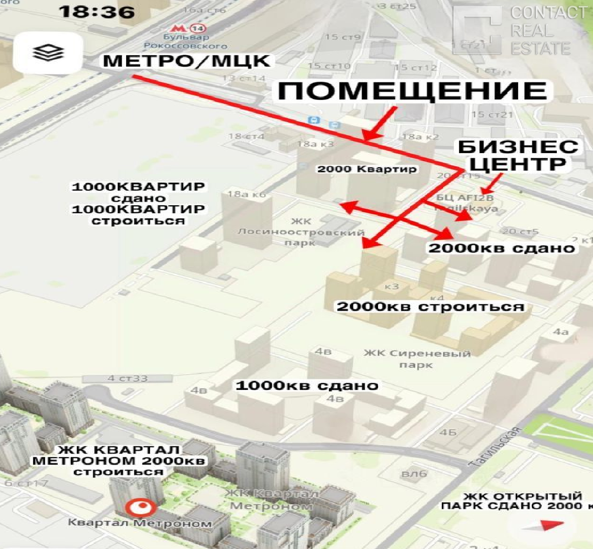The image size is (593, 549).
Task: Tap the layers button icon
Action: [x=48, y=52]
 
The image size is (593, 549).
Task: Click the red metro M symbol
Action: [x=177, y=28]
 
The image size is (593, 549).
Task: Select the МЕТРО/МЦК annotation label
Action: [x=186, y=61]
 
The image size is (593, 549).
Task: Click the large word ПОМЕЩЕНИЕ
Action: [x=412, y=91]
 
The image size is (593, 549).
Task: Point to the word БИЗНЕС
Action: [x=518, y=147]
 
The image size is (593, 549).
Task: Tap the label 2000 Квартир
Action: [x=367, y=169]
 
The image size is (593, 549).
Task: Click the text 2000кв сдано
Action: [x=501, y=248]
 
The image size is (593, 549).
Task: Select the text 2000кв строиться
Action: [x=430, y=307]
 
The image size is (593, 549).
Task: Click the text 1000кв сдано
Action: [x=306, y=385]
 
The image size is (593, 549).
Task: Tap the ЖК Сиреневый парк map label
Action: [x=417, y=358]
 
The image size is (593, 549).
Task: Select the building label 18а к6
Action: [x=247, y=194]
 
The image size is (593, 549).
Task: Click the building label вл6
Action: [x=414, y=473]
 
